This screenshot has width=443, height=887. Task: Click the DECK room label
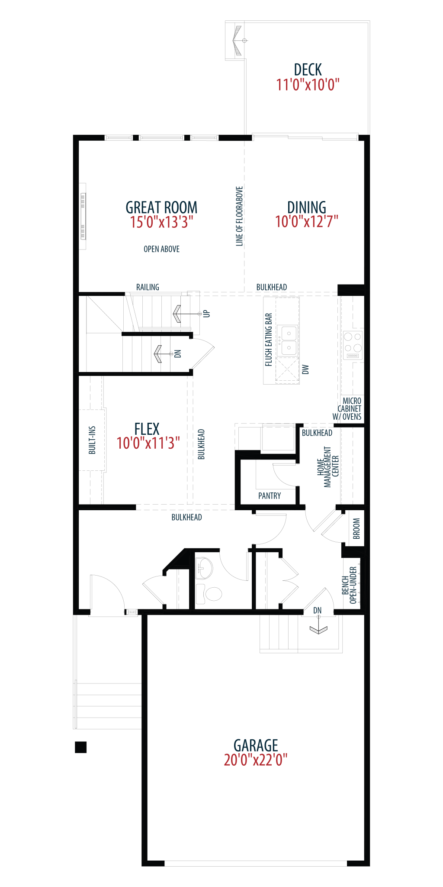(308, 70)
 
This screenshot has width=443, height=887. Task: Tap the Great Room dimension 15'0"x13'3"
(161, 222)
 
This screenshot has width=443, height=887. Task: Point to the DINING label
(307, 207)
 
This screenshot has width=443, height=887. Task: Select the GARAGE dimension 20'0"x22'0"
(255, 760)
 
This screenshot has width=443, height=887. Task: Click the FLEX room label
(147, 429)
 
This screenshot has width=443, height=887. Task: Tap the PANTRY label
(270, 496)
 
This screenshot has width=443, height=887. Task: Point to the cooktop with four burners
(353, 345)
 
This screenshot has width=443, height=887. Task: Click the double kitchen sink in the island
(288, 340)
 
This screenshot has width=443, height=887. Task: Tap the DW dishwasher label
(305, 369)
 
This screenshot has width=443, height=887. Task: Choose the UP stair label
(206, 314)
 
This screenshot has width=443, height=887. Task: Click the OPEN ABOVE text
(161, 249)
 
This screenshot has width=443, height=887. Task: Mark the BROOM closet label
(356, 528)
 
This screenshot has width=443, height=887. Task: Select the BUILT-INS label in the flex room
(92, 440)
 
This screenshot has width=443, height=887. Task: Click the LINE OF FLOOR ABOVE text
(239, 216)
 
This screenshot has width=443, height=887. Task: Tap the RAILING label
(148, 287)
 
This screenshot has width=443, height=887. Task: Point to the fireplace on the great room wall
(83, 216)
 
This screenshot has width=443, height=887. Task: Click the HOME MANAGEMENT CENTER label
(328, 467)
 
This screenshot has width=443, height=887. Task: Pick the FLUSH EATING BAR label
(269, 340)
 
